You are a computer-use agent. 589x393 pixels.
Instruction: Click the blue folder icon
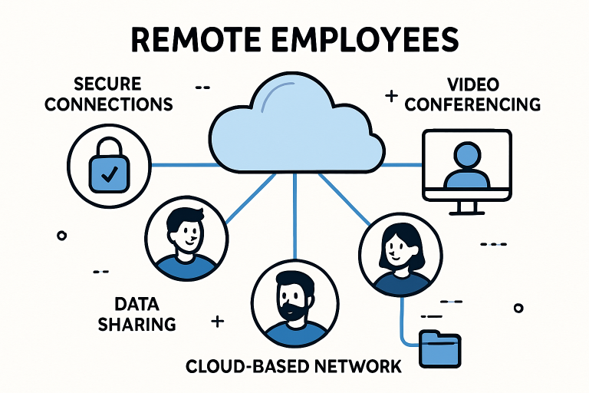[441, 349]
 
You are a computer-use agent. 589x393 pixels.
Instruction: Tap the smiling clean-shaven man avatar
[186, 230]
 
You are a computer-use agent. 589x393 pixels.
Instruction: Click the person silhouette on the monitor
[466, 166]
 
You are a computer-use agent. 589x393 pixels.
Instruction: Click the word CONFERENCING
[472, 104]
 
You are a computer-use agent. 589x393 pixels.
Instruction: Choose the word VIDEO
[472, 84]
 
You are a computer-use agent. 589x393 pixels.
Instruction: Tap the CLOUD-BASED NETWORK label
[294, 366]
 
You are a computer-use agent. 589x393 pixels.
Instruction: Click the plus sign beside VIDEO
[390, 97]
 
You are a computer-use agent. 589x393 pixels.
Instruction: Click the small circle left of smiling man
[62, 236]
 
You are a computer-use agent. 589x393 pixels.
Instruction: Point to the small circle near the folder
[518, 307]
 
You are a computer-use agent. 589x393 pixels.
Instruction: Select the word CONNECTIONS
[107, 104]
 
